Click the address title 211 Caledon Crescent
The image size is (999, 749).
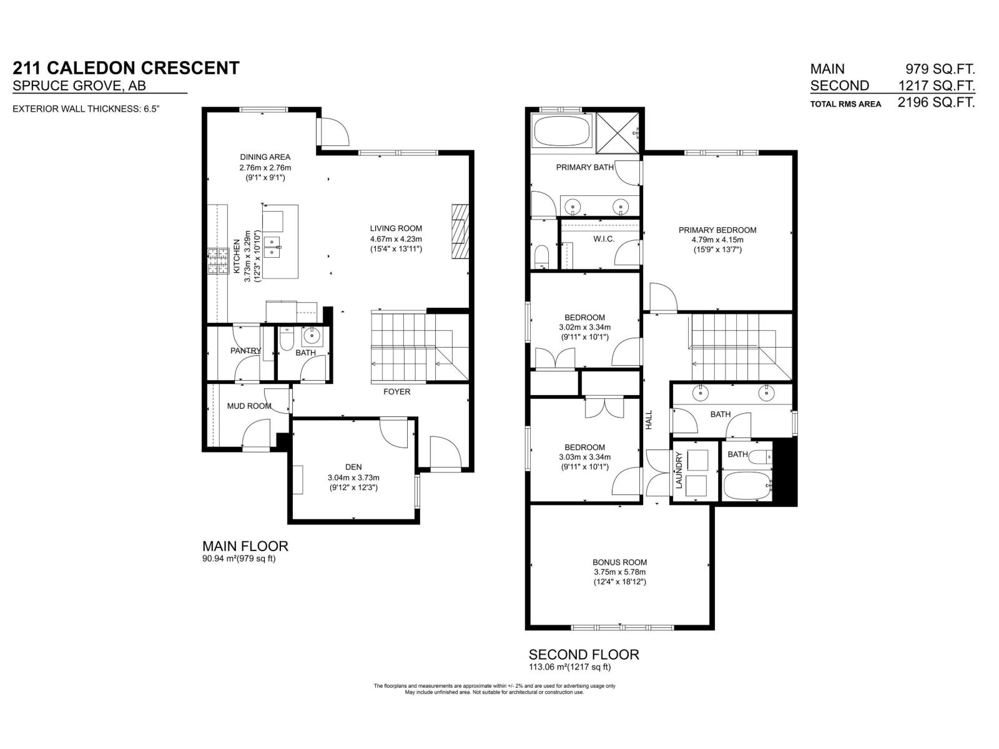[126, 68]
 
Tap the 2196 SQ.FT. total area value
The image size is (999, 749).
[936, 103]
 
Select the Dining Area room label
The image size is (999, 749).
[265, 157]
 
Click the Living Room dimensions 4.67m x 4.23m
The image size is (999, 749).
[396, 238]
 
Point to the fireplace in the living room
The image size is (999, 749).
[459, 231]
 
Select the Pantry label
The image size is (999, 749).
[245, 351]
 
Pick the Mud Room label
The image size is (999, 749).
[249, 406]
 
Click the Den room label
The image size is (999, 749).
[353, 467]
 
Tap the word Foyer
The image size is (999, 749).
[397, 391]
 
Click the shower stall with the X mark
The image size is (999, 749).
[618, 132]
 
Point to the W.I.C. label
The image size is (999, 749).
[604, 239]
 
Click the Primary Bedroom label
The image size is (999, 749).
[717, 230]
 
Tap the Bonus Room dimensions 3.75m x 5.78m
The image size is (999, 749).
[619, 572]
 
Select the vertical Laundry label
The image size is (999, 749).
[679, 470]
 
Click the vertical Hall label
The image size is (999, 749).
[648, 419]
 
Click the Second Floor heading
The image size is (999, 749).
[584, 655]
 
